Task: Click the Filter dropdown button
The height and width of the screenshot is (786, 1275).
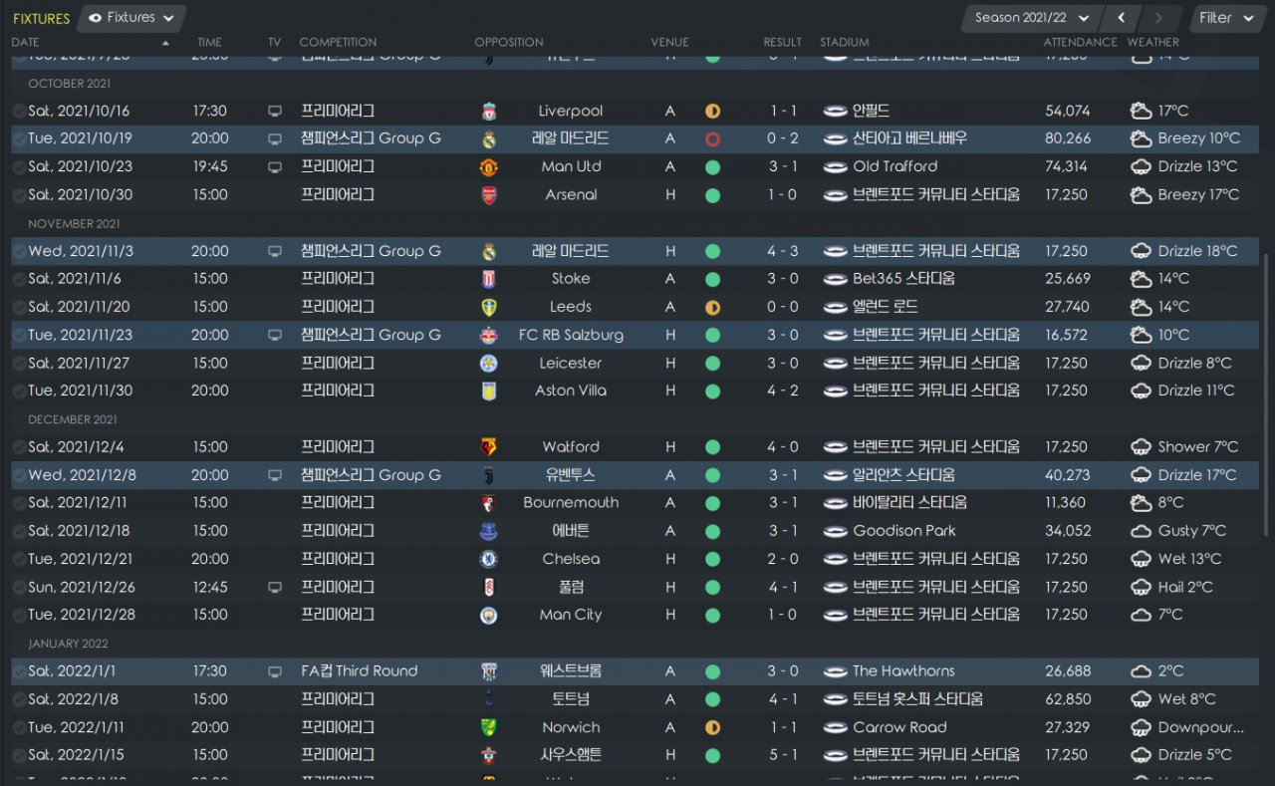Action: click(x=1226, y=18)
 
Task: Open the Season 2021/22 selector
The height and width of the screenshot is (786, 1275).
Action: click(x=1031, y=18)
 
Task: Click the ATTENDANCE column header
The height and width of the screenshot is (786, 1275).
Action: click(x=1080, y=42)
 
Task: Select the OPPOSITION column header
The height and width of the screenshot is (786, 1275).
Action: click(x=509, y=42)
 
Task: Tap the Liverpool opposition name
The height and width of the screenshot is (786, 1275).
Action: click(x=570, y=111)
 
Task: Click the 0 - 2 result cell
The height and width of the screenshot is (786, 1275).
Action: click(x=782, y=138)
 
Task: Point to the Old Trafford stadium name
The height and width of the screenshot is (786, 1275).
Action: click(x=894, y=166)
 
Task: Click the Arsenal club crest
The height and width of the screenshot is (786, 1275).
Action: click(x=489, y=195)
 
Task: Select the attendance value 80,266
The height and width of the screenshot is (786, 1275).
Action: click(x=1068, y=138)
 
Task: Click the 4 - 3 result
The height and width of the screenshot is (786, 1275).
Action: click(x=782, y=251)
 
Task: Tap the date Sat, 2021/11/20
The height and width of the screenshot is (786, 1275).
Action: click(x=79, y=307)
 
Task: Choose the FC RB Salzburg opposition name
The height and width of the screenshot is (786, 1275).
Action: click(x=571, y=335)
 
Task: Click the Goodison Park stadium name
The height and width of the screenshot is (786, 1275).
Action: click(x=903, y=531)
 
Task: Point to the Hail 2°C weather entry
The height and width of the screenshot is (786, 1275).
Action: click(x=1184, y=587)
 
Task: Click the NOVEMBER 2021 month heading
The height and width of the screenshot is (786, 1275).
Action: click(x=74, y=224)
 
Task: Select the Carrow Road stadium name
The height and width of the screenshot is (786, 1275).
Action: click(x=899, y=727)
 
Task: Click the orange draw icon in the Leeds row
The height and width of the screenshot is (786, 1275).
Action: click(x=712, y=307)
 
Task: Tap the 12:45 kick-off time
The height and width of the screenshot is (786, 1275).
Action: click(x=211, y=587)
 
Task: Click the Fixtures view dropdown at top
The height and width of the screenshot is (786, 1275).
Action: click(x=131, y=18)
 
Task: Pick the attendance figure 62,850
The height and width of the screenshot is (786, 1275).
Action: click(x=1068, y=699)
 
